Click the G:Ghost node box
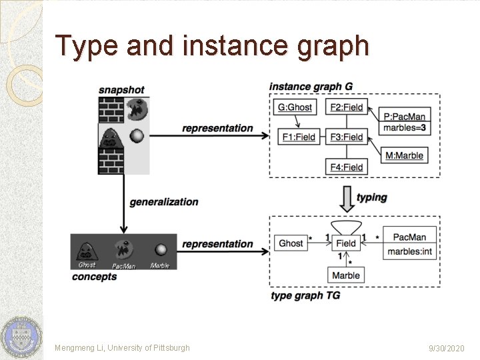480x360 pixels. pos(295,107)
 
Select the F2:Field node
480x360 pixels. pos(347,107)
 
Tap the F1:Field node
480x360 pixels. pos(297,137)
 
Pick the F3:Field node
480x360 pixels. pos(347,137)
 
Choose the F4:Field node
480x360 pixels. pos(347,167)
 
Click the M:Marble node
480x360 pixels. pos(405,155)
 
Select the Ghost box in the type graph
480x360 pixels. pos(291,243)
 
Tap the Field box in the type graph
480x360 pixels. pos(346,244)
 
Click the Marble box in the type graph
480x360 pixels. pos(346,275)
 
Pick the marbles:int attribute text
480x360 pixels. pos(409,251)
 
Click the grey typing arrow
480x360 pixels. pos(346,197)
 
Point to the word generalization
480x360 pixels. pos(164,202)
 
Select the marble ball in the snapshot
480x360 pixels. pos(136,136)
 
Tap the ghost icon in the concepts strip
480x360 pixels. pos(87,250)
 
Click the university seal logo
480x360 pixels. pos(20,337)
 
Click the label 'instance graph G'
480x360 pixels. pos(311,87)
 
